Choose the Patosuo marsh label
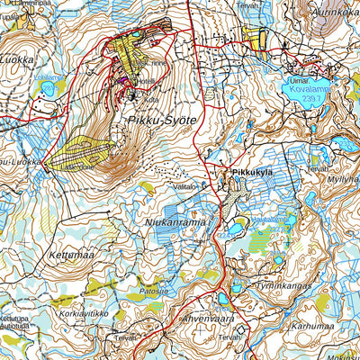tap(153, 292)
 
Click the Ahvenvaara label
tap(209, 319)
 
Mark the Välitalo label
tap(184, 186)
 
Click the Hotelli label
tap(145, 80)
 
